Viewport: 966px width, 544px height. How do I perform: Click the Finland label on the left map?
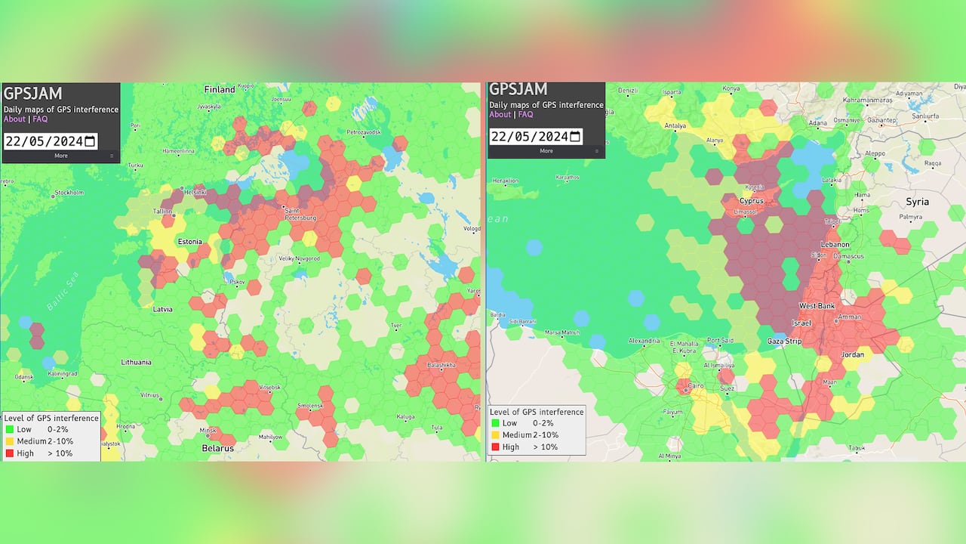(220, 89)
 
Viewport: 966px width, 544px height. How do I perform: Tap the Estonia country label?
(189, 242)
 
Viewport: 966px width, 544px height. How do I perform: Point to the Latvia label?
(162, 309)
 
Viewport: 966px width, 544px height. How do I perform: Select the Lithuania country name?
(137, 363)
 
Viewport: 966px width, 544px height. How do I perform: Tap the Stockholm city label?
(69, 193)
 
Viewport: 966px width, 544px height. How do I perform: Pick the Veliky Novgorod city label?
(300, 258)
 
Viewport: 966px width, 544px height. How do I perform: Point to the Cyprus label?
(752, 201)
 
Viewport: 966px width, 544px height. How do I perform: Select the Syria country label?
(917, 202)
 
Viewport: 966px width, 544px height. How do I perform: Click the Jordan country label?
(853, 354)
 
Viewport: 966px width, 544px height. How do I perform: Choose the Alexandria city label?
(645, 341)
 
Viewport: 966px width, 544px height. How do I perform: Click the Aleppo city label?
(875, 153)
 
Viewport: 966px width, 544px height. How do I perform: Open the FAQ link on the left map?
(40, 119)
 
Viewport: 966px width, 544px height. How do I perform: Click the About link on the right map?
(500, 115)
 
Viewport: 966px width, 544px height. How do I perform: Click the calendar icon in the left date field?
(90, 141)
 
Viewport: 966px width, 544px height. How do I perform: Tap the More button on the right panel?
(546, 151)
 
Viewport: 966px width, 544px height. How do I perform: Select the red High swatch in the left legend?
(9, 453)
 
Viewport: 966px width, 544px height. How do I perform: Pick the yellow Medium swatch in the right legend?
(495, 435)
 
